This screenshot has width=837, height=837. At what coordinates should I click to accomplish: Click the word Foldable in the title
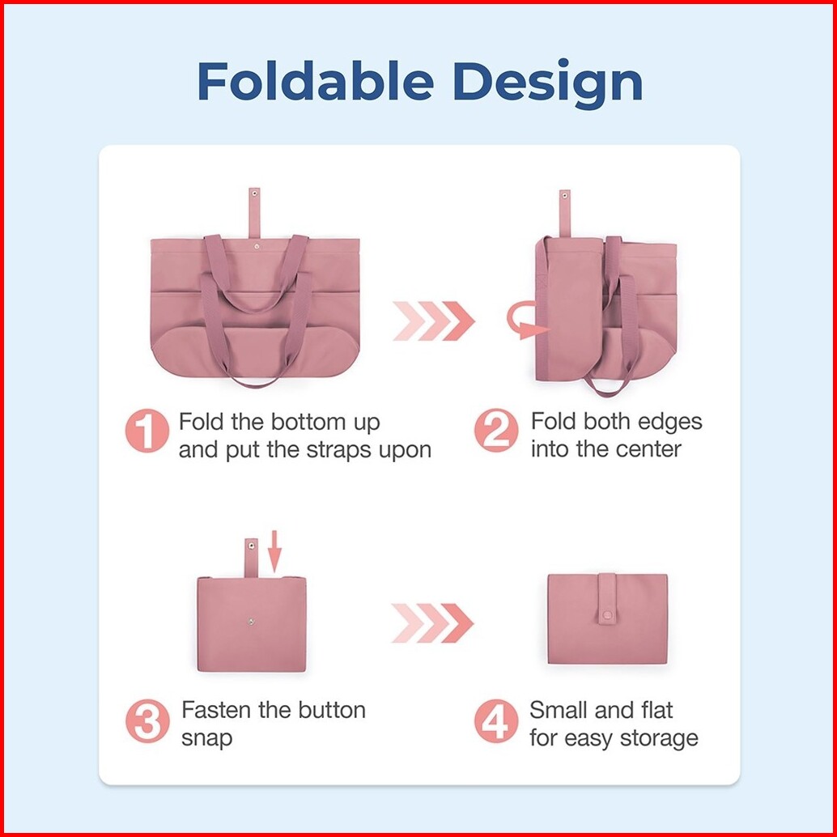316,82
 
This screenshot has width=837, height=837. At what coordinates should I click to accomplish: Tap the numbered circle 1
147,433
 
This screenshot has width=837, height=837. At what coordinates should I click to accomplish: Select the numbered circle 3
147,722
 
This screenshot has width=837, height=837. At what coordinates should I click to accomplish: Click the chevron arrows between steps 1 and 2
433,321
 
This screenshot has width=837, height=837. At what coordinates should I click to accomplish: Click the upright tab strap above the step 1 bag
254,211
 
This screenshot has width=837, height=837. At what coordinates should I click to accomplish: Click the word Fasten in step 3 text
217,711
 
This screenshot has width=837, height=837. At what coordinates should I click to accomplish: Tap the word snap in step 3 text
206,738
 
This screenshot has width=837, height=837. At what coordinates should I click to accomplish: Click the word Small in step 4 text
559,711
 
